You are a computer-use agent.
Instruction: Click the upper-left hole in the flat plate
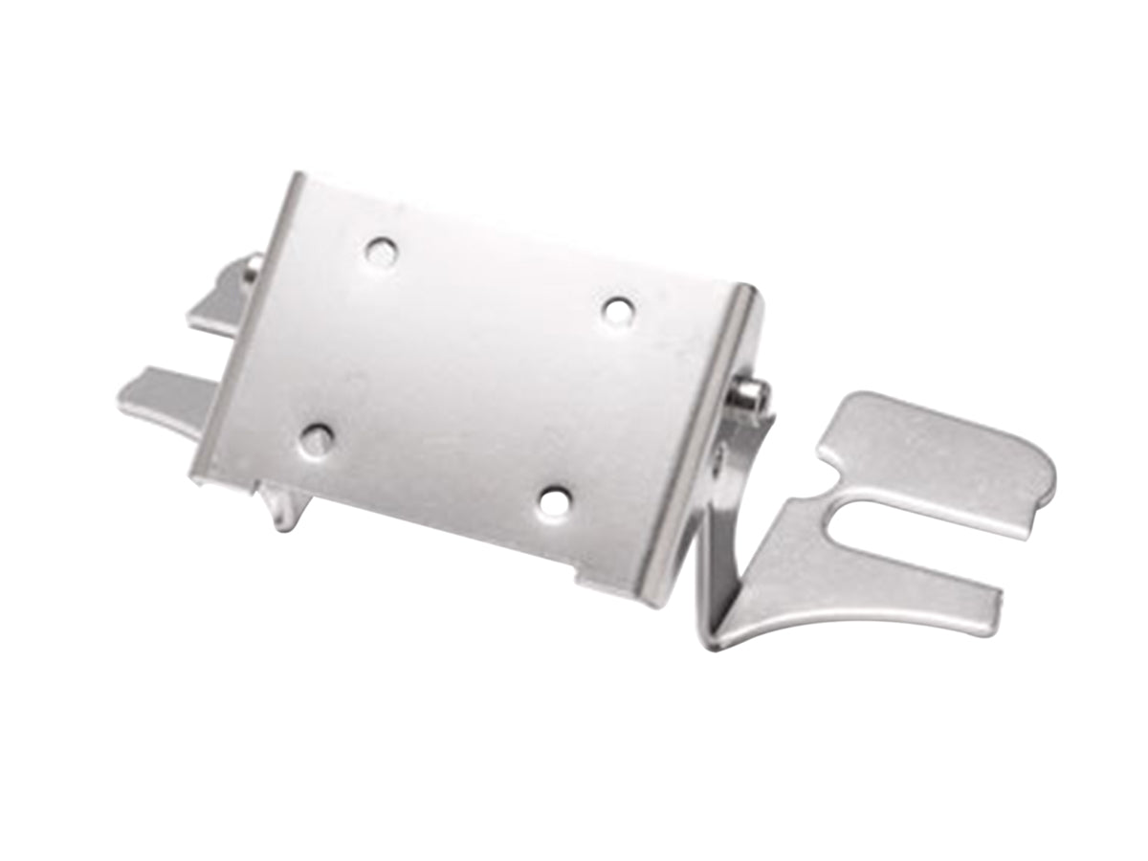(381, 252)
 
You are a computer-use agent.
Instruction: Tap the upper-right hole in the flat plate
(618, 310)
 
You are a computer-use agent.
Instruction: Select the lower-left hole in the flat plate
(316, 439)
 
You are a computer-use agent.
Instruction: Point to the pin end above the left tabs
(254, 264)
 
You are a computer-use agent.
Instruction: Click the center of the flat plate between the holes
(469, 373)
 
